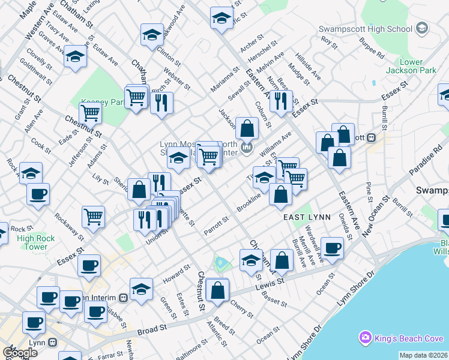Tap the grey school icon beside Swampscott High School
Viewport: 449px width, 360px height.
(422, 28)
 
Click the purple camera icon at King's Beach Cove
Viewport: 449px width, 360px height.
(364, 338)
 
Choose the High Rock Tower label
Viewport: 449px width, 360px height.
(36, 242)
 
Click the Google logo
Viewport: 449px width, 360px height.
(20, 353)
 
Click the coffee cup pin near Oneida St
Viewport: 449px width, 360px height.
(332, 247)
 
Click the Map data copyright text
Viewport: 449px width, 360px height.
(423, 355)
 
